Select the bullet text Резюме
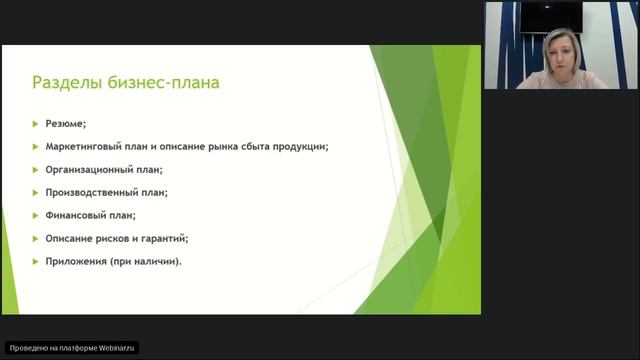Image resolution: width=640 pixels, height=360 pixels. pyautogui.click(x=65, y=124)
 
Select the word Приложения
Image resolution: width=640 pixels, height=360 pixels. pyautogui.click(x=77, y=261)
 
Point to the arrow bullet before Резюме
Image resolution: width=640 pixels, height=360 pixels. pyautogui.click(x=35, y=124)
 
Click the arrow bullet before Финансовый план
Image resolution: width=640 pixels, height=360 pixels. pyautogui.click(x=35, y=215)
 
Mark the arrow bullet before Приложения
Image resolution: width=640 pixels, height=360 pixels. pyautogui.click(x=35, y=261)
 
